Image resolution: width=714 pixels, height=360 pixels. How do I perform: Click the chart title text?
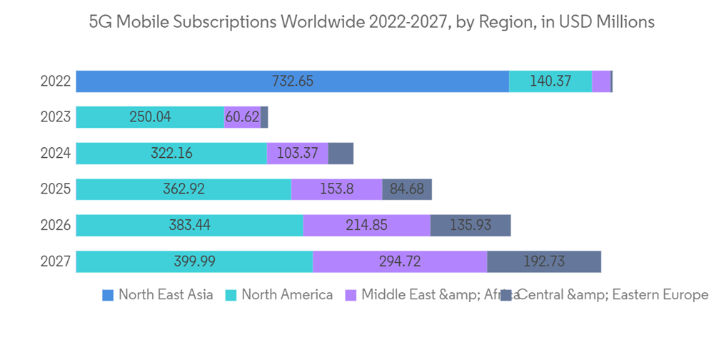pos(371,22)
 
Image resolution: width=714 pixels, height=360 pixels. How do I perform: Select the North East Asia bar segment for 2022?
pos(214,81)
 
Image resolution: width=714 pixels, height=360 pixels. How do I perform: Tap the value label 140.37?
pos(550,81)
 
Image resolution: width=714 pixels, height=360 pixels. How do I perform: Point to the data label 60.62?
pos(242,117)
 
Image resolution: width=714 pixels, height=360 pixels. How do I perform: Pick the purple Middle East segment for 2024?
pos(297,154)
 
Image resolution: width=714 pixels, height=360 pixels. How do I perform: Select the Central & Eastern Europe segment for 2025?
pos(407,190)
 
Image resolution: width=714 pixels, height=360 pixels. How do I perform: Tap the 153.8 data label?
pos(336,190)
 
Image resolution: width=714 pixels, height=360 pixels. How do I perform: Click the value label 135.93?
pos(470,226)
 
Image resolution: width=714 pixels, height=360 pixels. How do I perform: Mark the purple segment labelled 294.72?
pos(400,262)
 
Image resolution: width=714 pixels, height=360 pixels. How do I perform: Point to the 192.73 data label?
pos(543,262)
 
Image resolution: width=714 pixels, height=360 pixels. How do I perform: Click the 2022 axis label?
pos(55,81)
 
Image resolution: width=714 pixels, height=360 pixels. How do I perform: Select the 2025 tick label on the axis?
pos(55,190)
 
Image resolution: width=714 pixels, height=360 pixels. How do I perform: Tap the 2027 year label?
pos(55,262)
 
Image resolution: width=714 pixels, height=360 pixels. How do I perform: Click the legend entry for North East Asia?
pos(165,295)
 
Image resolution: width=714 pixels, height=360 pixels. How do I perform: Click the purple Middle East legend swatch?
pos(351,295)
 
